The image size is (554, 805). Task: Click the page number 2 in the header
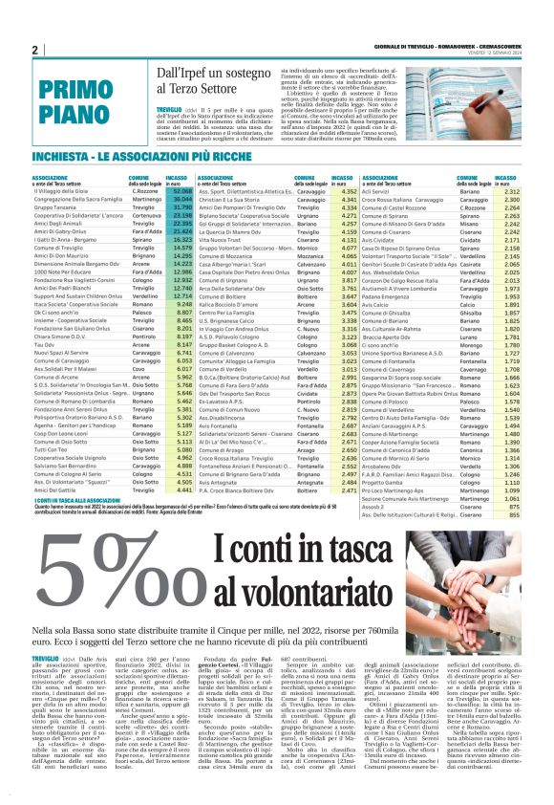pos(34,50)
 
